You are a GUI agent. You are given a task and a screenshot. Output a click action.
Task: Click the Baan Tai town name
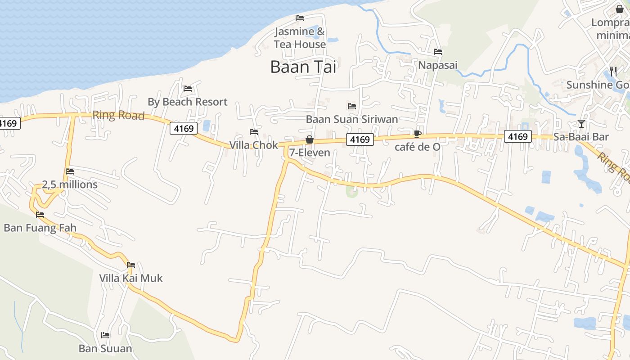pyautogui.click(x=303, y=67)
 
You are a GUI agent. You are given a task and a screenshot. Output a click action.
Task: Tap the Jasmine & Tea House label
pyautogui.click(x=300, y=38)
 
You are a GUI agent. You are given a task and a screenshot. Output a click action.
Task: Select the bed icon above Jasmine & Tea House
pyautogui.click(x=300, y=18)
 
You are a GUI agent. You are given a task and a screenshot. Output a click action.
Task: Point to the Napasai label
pyautogui.click(x=438, y=65)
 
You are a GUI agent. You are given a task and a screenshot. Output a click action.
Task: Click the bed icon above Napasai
pyautogui.click(x=438, y=52)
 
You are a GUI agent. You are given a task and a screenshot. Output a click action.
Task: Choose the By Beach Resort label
pyautogui.click(x=188, y=102)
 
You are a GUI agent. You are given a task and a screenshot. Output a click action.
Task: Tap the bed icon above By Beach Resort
pyautogui.click(x=188, y=89)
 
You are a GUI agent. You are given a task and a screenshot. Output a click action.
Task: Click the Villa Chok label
pyautogui.click(x=254, y=145)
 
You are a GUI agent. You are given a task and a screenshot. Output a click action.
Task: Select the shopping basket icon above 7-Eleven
pyautogui.click(x=310, y=139)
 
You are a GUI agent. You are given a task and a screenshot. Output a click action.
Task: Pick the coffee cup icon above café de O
pyautogui.click(x=418, y=134)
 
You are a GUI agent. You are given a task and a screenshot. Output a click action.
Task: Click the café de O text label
pyautogui.click(x=418, y=147)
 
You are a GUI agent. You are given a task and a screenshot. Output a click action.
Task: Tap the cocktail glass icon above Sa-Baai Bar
pyautogui.click(x=581, y=123)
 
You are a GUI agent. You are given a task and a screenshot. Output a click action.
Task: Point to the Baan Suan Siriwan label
pyautogui.click(x=352, y=119)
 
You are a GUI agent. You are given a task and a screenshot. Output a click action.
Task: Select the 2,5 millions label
pyautogui.click(x=70, y=184)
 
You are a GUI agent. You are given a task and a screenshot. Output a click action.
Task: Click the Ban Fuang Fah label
pyautogui.click(x=40, y=228)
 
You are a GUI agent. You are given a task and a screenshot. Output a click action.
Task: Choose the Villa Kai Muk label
pyautogui.click(x=131, y=278)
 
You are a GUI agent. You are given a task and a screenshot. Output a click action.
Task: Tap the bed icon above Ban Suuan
pyautogui.click(x=105, y=335)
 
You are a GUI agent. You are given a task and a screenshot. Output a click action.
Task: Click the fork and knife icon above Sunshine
pyautogui.click(x=613, y=71)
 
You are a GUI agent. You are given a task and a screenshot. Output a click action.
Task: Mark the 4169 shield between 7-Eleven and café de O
pyautogui.click(x=360, y=139)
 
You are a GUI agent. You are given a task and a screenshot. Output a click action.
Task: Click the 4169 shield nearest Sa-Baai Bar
pyautogui.click(x=518, y=136)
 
